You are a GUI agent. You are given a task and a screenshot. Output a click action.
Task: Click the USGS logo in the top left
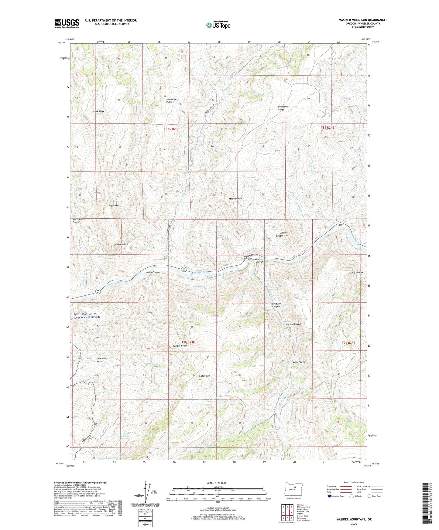click(67, 23)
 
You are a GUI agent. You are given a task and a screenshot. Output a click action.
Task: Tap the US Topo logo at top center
click(218, 25)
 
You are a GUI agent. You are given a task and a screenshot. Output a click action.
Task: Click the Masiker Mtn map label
click(235, 199)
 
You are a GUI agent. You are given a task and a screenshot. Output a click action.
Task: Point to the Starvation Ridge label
click(171, 101)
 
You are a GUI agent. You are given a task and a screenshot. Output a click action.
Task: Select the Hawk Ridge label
click(98, 111)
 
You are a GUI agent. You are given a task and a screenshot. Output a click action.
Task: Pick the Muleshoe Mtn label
click(116, 244)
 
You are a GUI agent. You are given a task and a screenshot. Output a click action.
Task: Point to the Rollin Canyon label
click(153, 272)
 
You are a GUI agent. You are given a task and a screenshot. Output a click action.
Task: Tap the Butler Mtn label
click(204, 376)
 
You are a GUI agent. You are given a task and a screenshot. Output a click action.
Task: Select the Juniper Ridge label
click(180, 346)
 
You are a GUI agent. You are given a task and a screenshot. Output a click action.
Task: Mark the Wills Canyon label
click(299, 362)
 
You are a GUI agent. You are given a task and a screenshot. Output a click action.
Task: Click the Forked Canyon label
click(293, 324)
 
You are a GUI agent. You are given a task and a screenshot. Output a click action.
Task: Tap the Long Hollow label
click(356, 273)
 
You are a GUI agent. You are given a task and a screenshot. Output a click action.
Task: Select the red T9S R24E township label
click(348, 343)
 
